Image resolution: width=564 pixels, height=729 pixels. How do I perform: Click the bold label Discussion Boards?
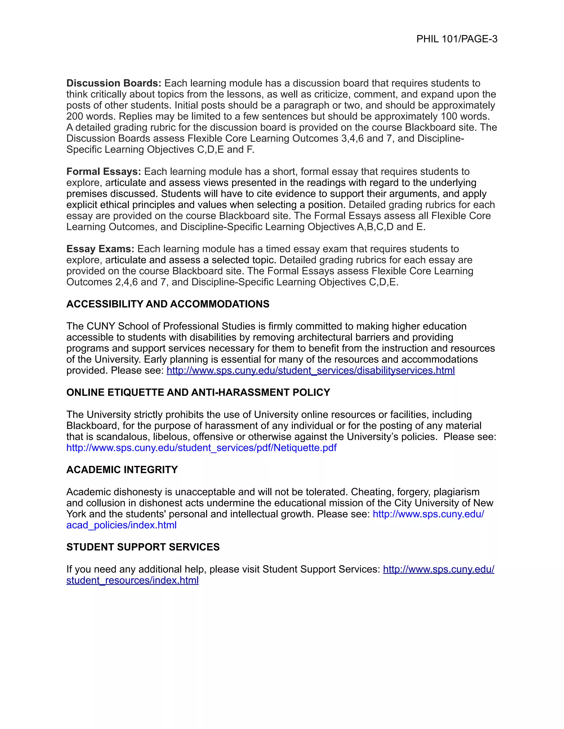pyautogui.click(x=114, y=83)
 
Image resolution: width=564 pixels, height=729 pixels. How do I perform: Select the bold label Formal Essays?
pyautogui.click(x=104, y=172)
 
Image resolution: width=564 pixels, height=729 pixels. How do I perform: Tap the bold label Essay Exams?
pyautogui.click(x=100, y=249)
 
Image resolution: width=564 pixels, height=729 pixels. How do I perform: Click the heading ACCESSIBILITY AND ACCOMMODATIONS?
pyautogui.click(x=168, y=304)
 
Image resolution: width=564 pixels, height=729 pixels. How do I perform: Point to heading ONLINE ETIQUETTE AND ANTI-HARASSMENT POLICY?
pyautogui.click(x=198, y=392)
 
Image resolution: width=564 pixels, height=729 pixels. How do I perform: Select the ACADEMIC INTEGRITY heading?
pyautogui.click(x=122, y=470)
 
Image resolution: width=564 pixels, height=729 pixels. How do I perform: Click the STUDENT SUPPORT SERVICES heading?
pyautogui.click(x=143, y=547)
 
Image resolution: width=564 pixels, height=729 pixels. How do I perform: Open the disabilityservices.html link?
pyautogui.click(x=310, y=371)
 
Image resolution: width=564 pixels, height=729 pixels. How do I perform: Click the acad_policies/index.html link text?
pyautogui.click(x=121, y=525)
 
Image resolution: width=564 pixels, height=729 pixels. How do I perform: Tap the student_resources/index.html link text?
pyautogui.click(x=132, y=580)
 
